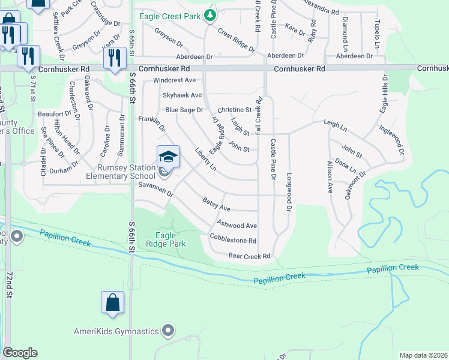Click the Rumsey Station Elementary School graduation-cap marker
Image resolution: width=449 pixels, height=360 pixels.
[169, 157]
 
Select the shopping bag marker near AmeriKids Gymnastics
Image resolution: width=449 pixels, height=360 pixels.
[113, 303]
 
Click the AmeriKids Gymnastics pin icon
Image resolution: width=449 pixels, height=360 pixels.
[169, 331]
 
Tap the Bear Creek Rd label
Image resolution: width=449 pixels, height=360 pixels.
[250, 256]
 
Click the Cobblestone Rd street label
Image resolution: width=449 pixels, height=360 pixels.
[233, 239]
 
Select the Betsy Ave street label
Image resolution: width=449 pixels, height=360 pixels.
[217, 204]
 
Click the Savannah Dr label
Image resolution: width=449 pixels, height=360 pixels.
[155, 190]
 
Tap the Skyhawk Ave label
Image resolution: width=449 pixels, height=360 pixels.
[182, 95]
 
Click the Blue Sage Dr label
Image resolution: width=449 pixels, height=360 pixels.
[184, 110]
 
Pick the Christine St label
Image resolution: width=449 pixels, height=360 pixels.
[234, 110]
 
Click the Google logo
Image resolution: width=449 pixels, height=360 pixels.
[20, 353]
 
